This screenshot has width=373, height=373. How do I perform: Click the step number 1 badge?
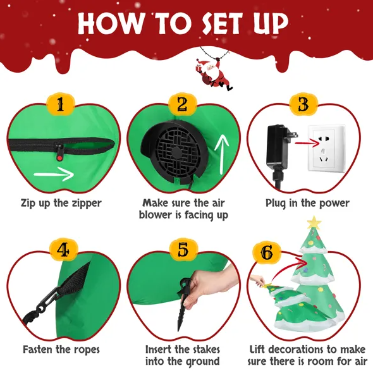[61, 104]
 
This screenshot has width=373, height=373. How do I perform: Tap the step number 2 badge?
[183, 104]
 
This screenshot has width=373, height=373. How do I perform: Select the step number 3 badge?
[303, 104]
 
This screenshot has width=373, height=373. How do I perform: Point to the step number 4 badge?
[63, 250]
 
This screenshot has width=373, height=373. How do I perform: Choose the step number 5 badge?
[183, 250]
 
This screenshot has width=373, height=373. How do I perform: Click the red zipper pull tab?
[59, 157]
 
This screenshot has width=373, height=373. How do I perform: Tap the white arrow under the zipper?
[54, 174]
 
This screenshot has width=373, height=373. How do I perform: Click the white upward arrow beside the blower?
[222, 154]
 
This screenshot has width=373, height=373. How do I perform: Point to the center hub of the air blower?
[176, 153]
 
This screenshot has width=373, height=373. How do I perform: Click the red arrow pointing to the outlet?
[307, 143]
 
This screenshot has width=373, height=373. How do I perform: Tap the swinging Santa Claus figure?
[214, 74]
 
